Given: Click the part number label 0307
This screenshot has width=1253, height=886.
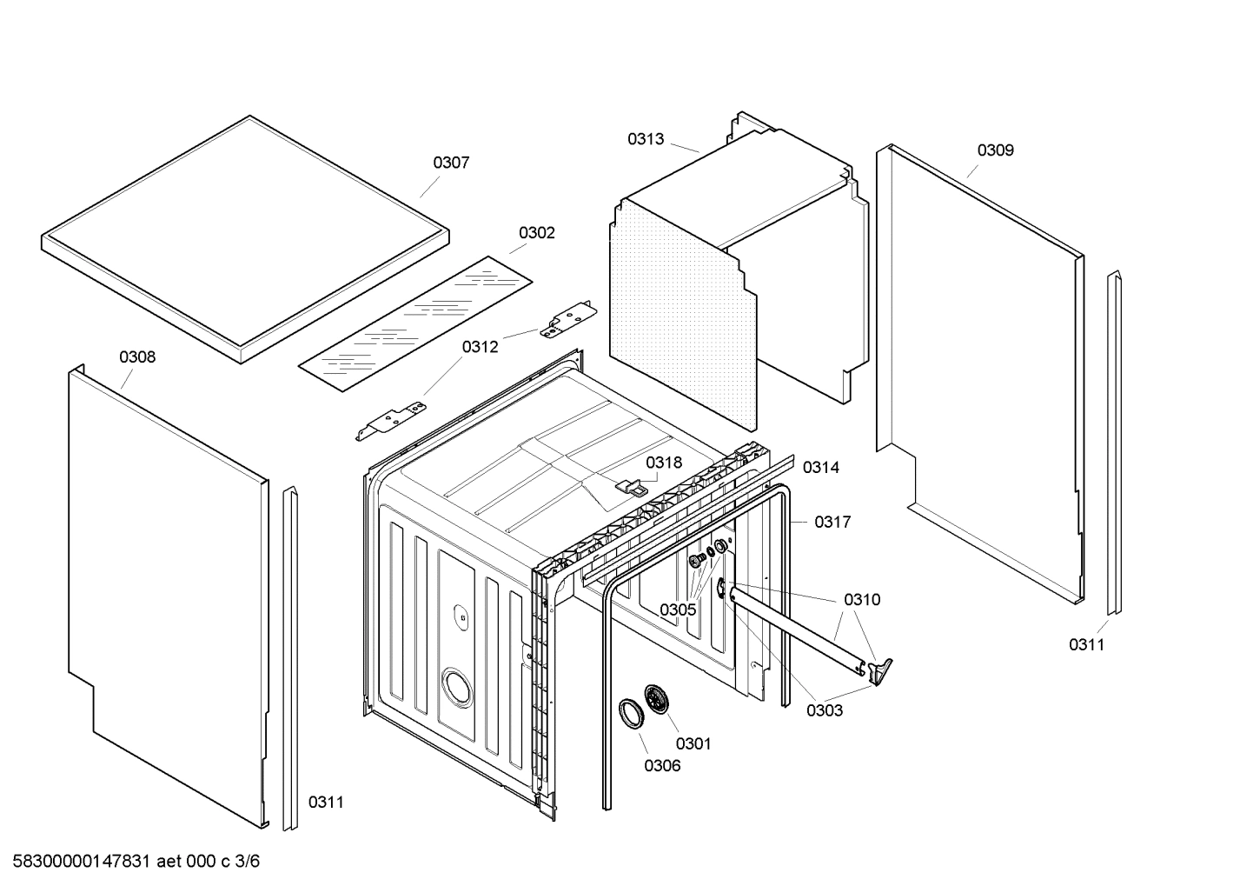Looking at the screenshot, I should pos(451,163).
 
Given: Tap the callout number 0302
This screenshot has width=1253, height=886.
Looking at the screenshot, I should pos(536,233).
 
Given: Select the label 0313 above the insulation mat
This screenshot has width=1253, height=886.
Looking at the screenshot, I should pos(646,139).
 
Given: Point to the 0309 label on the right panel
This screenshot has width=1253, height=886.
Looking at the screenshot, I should pos(995,150).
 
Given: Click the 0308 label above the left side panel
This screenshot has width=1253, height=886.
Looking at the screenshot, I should pos(137,357).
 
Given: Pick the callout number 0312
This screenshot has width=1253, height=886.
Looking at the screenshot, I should pos(480,347).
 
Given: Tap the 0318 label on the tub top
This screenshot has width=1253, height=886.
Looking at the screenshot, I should pos(664,463).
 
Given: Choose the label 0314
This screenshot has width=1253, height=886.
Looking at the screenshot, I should pos(820,468).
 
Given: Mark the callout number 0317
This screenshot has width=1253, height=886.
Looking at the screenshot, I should pos(832,522).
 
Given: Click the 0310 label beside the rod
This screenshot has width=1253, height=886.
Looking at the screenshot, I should pos(861,599).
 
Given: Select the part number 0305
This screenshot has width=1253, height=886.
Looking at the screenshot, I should pos(677,610).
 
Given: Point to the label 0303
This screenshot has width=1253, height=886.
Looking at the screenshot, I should pos(824,710).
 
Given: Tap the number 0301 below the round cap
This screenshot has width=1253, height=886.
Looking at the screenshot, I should pos(693,743).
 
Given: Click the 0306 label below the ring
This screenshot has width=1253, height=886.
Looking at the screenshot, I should pos(662,766).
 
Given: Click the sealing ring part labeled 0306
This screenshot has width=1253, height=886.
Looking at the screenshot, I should pos(630,711).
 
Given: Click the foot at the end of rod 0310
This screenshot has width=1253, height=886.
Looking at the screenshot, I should pos(881,669).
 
